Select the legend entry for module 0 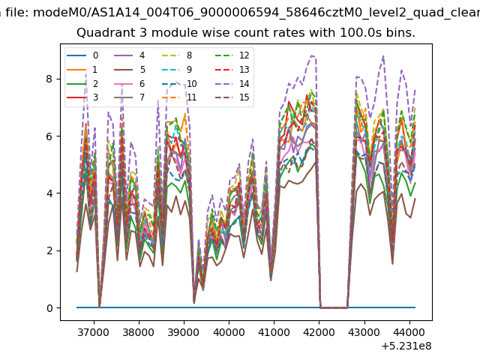[x=82, y=55]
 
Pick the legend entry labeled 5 [x=130, y=70]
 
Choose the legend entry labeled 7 [x=130, y=97]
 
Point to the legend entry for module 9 [x=177, y=70]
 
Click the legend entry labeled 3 [x=82, y=97]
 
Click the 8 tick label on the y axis [x=49, y=79]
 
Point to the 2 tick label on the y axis [x=49, y=250]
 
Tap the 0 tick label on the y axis [x=49, y=308]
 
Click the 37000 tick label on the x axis [x=93, y=332]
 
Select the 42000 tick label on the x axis [x=319, y=332]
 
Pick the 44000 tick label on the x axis [x=409, y=332]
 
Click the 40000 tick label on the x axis [x=229, y=332]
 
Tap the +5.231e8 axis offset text [x=406, y=346]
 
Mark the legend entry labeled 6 [x=130, y=83]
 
